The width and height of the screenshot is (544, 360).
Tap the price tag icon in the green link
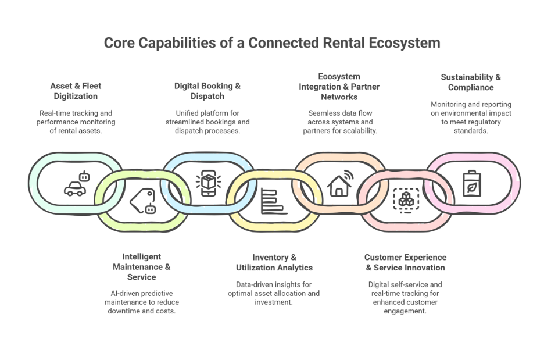(143, 202)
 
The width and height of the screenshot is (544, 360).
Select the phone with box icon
(207, 184)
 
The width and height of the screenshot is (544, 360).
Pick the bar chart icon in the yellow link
(273, 201)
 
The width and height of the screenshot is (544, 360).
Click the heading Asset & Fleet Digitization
(76, 91)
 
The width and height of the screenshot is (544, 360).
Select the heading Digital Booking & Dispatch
(207, 91)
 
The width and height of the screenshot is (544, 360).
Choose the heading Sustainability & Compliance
(471, 82)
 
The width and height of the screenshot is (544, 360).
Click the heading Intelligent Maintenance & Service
(142, 267)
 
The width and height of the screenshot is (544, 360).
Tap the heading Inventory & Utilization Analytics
(274, 262)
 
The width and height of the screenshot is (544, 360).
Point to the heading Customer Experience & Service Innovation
(405, 262)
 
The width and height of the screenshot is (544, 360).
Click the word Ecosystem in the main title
(404, 43)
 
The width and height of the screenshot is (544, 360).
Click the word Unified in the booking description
(188, 113)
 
